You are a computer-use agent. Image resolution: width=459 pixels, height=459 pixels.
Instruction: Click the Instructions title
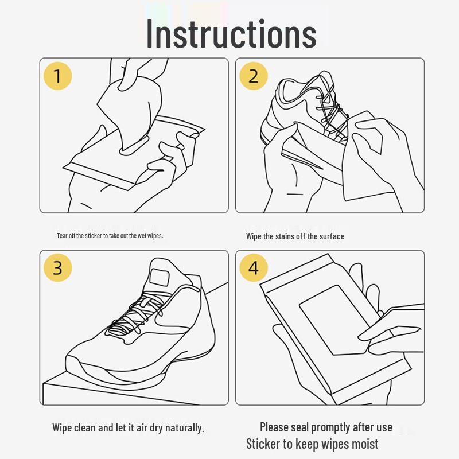(231, 33)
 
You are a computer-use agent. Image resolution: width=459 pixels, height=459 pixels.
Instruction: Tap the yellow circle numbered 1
(57, 76)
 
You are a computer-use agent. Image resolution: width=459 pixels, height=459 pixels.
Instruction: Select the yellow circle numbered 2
(254, 76)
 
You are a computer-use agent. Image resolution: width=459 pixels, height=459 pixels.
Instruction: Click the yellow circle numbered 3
(57, 268)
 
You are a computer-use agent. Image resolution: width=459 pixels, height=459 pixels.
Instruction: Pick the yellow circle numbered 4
(254, 268)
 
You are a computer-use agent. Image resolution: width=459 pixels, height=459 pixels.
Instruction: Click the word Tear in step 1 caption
(62, 236)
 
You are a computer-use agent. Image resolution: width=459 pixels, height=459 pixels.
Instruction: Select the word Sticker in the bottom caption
(262, 444)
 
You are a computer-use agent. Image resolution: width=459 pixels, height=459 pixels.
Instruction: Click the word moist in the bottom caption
(365, 444)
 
